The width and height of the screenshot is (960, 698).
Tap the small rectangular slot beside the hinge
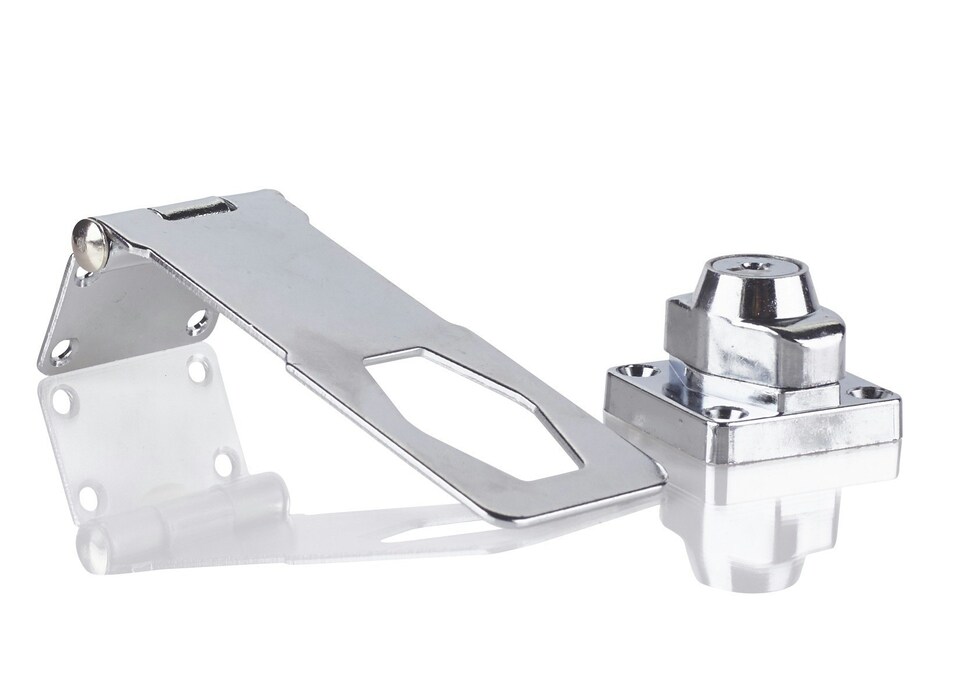[193, 209]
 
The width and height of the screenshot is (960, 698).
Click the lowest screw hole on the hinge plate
[59, 350]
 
